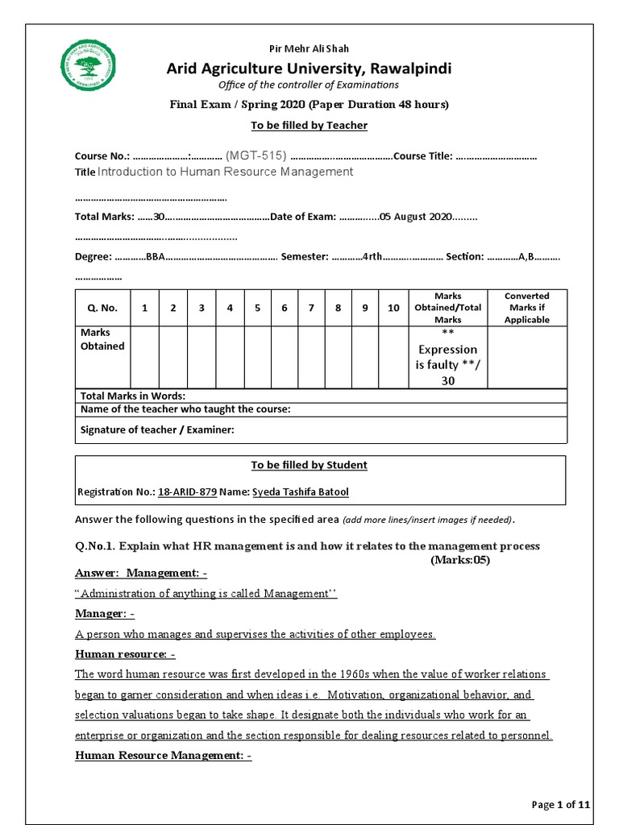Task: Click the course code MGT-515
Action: coord(255,155)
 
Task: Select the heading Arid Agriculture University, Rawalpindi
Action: coord(309,68)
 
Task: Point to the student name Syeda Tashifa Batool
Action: coord(301,491)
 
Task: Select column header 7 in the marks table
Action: coord(311,308)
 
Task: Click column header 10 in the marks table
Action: coord(393,308)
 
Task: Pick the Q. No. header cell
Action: coord(102,308)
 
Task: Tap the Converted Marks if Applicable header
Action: coord(526,308)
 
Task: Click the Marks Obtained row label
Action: coord(102,339)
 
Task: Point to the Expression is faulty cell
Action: coord(447,357)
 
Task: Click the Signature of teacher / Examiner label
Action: coord(157,429)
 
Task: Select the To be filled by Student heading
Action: coord(309,465)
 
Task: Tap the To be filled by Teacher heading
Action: coord(309,125)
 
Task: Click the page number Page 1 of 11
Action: coord(561,804)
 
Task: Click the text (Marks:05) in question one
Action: coord(459,559)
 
